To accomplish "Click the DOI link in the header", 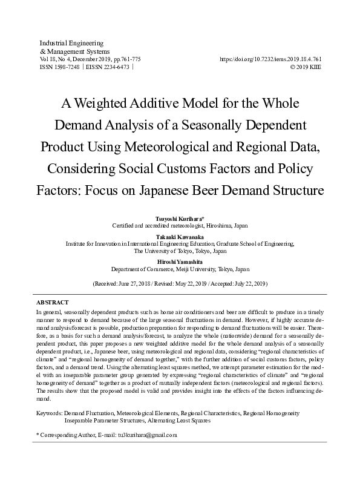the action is tap(270, 59).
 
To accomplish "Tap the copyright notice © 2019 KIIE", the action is tap(306, 68).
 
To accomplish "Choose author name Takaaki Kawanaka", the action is tap(180, 236).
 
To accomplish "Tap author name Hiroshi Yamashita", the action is tap(180, 261).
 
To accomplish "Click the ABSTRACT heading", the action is tap(53, 301).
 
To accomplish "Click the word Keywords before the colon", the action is tap(49, 413).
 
